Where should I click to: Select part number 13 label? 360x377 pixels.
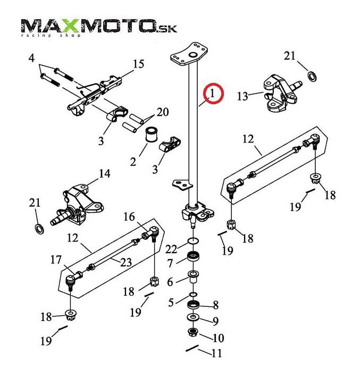click(242, 96)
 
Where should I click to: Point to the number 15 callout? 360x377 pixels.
click(138, 64)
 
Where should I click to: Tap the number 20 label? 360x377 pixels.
click(163, 112)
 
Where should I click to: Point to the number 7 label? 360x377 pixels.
click(170, 263)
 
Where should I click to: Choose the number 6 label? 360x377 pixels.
click(170, 282)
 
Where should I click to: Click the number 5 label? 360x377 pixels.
click(171, 303)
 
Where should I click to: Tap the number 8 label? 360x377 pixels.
click(215, 306)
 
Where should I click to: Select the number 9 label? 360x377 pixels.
click(215, 321)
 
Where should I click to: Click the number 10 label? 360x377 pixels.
click(218, 338)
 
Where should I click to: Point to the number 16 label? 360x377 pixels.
click(130, 216)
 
